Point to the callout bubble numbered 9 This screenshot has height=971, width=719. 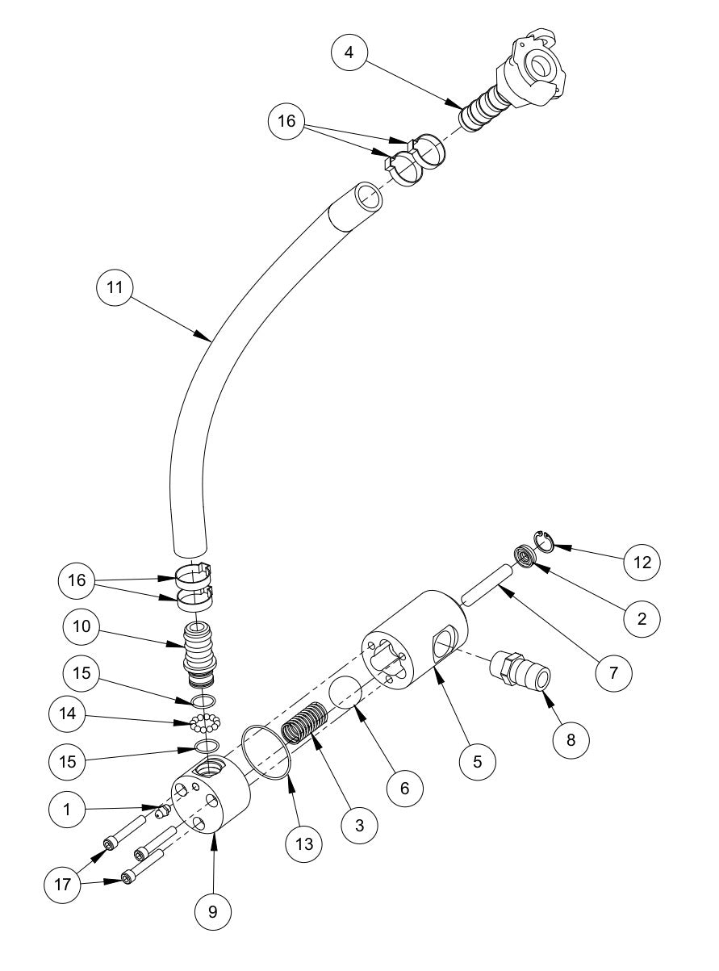point(213,910)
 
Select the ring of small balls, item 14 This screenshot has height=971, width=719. point(207,721)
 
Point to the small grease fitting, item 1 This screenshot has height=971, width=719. point(162,809)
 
